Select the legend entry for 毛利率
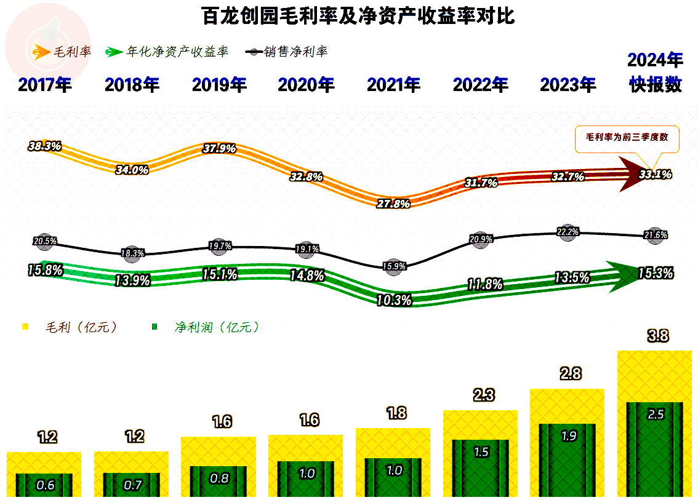point(62,52)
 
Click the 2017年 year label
point(45,85)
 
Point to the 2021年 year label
point(394,85)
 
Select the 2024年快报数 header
point(656,73)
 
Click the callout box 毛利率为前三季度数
point(627,138)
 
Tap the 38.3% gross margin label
point(44,146)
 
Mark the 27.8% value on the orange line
point(393,204)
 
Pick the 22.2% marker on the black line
point(568,232)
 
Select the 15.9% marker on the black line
point(393,266)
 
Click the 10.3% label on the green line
point(393,300)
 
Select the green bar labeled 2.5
point(655,449)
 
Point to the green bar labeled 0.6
point(44,485)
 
